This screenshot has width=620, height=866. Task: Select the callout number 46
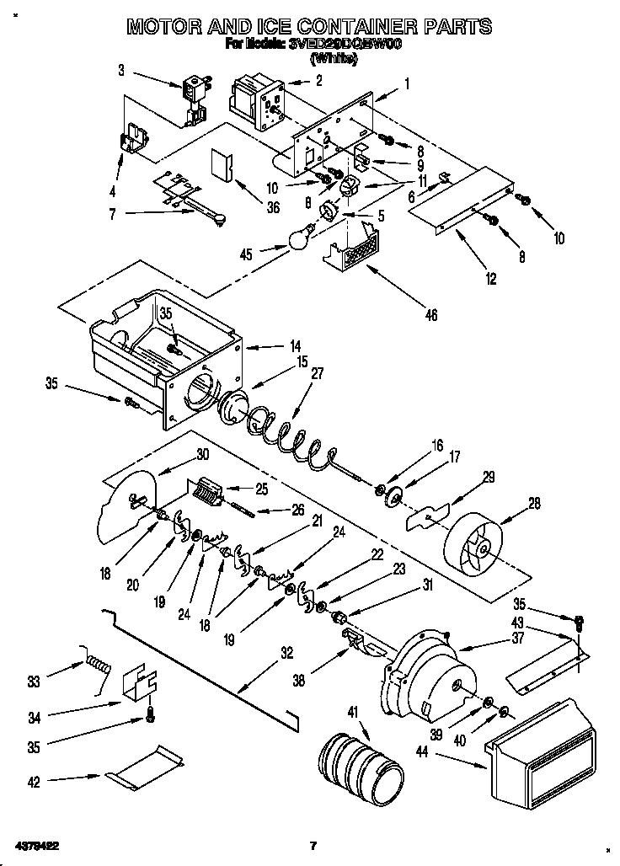(x=431, y=317)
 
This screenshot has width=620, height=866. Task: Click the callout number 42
(x=34, y=783)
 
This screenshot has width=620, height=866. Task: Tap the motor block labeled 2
(x=258, y=100)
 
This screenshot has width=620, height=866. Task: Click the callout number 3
(x=121, y=71)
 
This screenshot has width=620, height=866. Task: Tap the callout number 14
(x=272, y=345)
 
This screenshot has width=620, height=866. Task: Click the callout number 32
(x=286, y=651)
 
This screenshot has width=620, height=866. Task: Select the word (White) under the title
(x=336, y=59)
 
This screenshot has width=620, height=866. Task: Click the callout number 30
(x=202, y=454)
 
